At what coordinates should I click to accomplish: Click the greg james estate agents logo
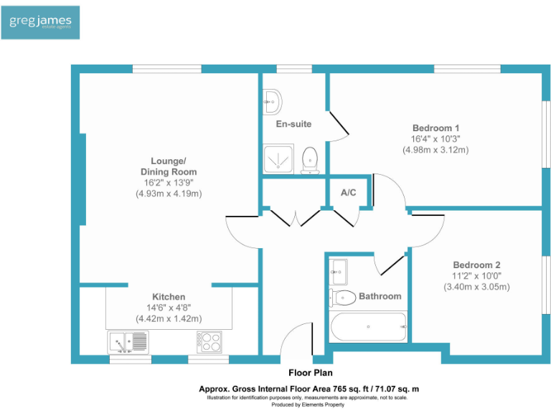[40, 22]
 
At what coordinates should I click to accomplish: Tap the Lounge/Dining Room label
[169, 166]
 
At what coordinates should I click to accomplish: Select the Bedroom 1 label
[435, 128]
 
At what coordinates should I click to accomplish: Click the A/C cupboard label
[349, 192]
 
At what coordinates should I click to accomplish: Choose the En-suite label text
[293, 124]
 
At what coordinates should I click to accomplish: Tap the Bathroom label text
[380, 296]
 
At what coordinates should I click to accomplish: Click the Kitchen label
[169, 297]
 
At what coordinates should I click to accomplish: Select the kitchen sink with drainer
[128, 342]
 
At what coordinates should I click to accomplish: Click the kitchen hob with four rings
[210, 342]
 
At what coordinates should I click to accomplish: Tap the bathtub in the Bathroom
[367, 328]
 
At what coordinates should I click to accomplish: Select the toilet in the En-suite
[310, 159]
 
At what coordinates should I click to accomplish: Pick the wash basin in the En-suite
[272, 101]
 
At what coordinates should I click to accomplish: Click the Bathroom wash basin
[339, 271]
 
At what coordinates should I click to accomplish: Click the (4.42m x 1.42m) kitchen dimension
[169, 319]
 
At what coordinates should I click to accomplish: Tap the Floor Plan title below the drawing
[309, 373]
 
